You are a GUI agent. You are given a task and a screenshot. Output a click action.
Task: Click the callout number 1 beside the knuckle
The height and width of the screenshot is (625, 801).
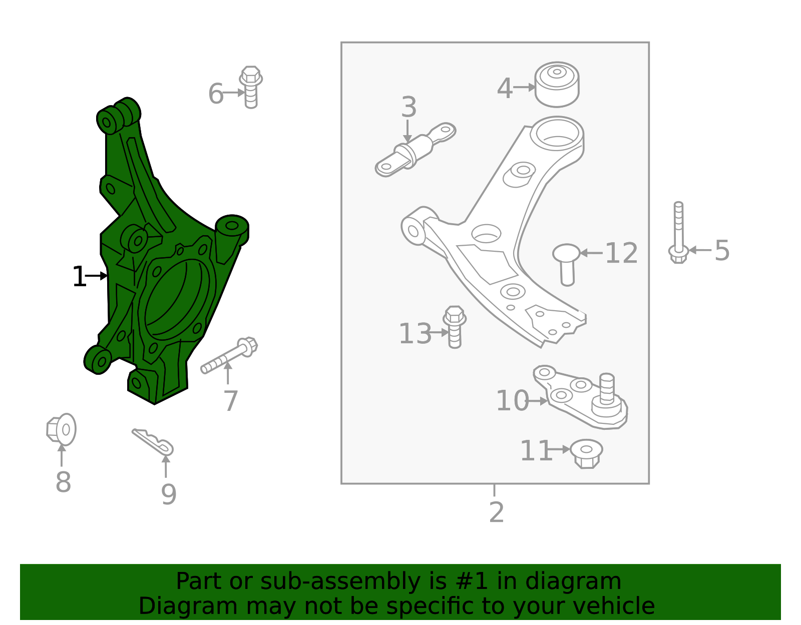79,277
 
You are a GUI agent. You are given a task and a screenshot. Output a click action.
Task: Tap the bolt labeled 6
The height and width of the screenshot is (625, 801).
251,87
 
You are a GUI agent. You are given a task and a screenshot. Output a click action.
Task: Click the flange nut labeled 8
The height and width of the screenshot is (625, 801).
62,430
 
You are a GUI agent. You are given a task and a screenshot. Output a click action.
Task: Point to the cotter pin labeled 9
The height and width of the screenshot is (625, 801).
153,442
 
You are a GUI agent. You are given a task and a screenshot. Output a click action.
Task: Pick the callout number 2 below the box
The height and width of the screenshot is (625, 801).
496,512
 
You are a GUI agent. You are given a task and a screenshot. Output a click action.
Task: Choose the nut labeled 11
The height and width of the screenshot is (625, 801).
586,453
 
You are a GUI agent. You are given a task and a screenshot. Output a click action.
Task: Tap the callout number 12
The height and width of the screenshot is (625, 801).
621,253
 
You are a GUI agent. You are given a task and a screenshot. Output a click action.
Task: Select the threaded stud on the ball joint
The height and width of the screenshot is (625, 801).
607,388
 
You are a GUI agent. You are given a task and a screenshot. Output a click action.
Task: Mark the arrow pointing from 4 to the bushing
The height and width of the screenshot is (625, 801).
524,87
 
